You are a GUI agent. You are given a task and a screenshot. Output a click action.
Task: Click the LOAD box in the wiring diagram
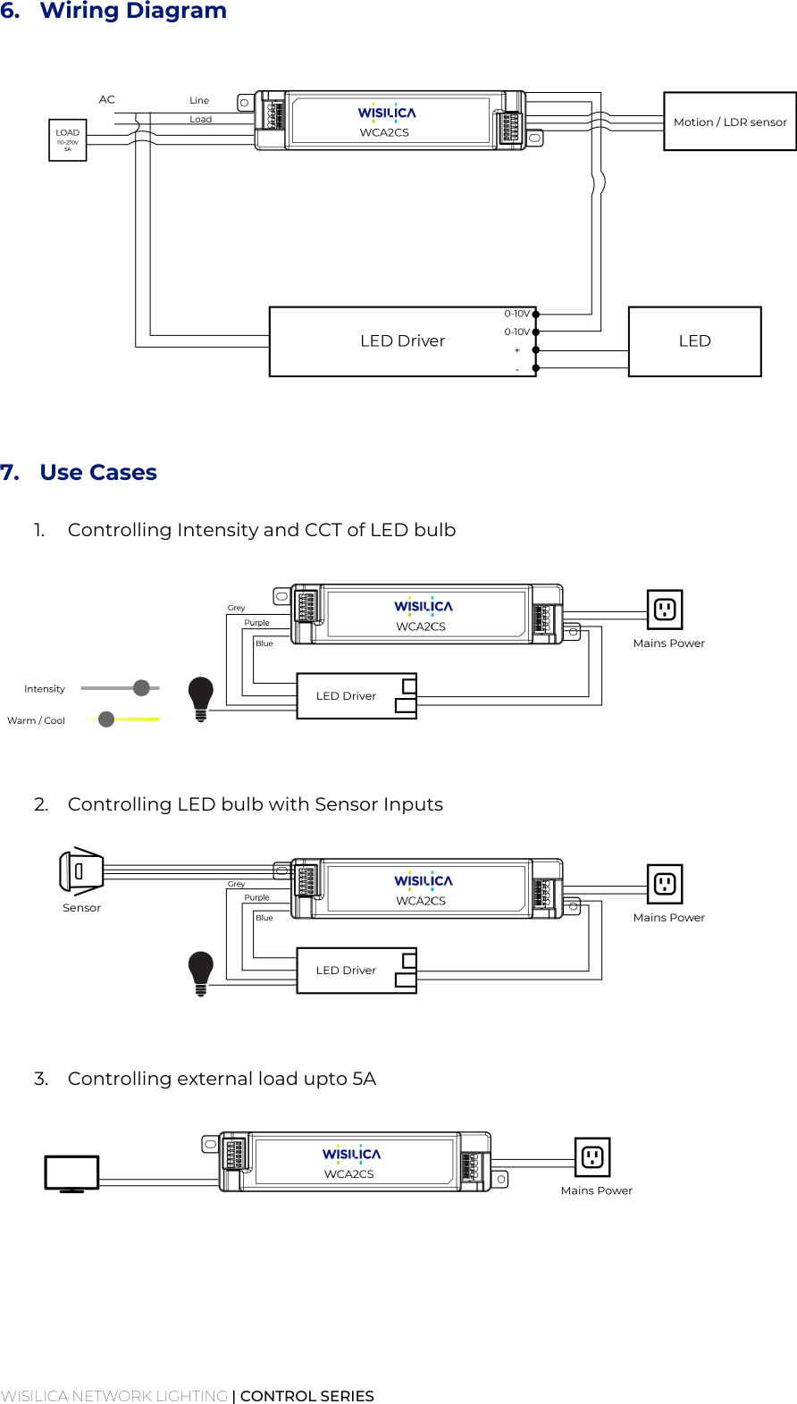click(67, 140)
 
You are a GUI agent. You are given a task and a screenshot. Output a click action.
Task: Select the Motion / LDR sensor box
click(729, 122)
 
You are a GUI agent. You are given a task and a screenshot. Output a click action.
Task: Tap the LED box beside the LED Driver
click(694, 341)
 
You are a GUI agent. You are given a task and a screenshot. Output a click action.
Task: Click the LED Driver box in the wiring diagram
click(402, 341)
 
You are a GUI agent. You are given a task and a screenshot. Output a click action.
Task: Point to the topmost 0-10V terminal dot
click(536, 315)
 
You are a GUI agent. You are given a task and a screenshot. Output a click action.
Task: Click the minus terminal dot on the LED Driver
click(536, 368)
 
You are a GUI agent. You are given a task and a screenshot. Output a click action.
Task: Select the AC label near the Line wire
click(107, 99)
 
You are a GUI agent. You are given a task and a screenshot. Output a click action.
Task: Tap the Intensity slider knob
click(141, 687)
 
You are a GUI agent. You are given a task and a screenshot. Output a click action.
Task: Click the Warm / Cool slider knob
click(106, 719)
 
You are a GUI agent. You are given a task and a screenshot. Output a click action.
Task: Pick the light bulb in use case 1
click(201, 698)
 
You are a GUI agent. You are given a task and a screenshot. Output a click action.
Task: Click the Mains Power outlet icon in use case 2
click(665, 884)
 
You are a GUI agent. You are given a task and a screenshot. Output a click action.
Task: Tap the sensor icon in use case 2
click(81, 871)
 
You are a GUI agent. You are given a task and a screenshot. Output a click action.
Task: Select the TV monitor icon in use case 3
click(71, 1173)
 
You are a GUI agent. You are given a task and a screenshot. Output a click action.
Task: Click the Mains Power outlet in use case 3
click(592, 1157)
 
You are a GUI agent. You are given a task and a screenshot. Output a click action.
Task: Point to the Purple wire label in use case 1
click(256, 623)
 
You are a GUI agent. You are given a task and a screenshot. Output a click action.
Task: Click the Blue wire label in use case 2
click(264, 918)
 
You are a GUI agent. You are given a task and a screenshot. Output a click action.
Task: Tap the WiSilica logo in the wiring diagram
click(387, 113)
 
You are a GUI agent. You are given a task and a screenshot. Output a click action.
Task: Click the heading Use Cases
click(98, 473)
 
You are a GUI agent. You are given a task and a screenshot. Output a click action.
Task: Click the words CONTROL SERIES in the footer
click(306, 1396)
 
